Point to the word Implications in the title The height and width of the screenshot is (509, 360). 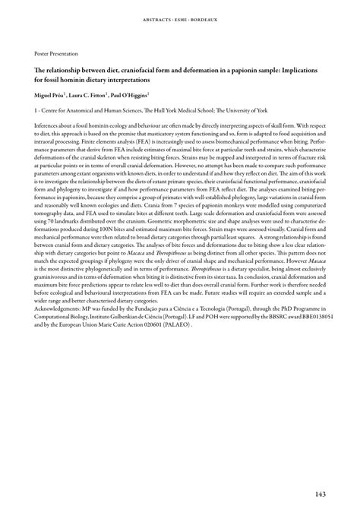302,68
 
